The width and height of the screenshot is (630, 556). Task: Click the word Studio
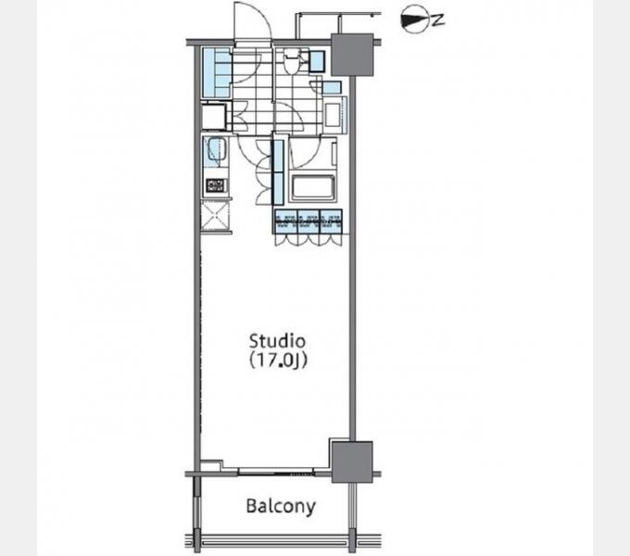click(277, 341)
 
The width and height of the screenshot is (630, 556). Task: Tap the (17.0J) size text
click(278, 360)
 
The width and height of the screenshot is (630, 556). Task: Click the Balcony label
click(281, 506)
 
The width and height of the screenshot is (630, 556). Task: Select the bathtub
click(312, 188)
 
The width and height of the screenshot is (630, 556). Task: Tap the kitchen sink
click(215, 151)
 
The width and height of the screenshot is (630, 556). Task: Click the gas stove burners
click(215, 185)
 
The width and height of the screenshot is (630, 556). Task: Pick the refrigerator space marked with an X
click(215, 216)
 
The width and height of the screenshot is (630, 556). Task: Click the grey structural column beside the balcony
click(352, 462)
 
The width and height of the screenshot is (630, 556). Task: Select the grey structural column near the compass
click(352, 55)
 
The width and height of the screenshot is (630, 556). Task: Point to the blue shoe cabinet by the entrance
click(216, 72)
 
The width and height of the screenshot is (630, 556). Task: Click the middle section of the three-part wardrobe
click(309, 221)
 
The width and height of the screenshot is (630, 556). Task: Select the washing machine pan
click(334, 115)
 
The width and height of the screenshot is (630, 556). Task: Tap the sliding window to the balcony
click(276, 472)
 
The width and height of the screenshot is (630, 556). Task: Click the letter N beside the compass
click(438, 19)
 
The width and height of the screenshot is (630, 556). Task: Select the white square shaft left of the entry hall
click(214, 117)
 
